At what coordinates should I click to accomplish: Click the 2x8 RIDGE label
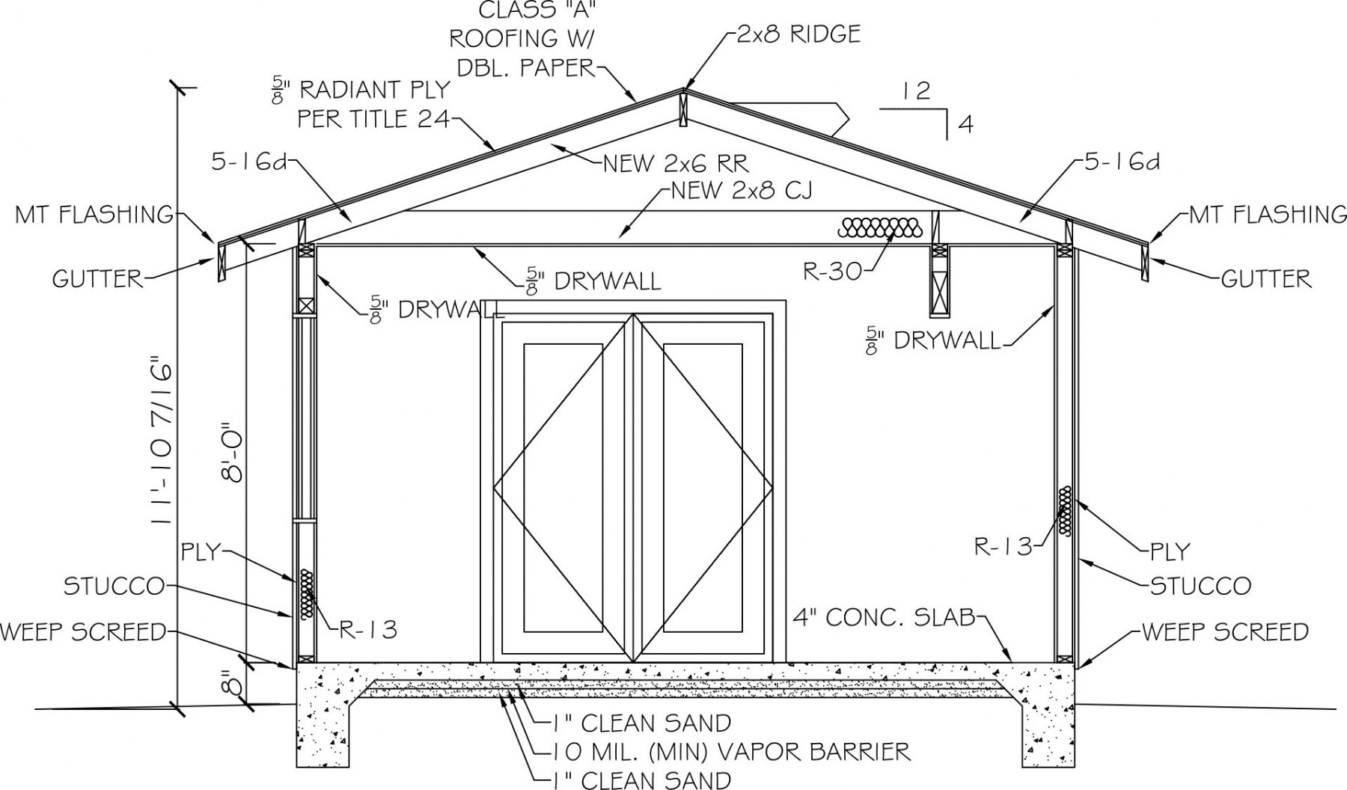tap(798, 34)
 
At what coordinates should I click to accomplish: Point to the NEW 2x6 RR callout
tap(675, 163)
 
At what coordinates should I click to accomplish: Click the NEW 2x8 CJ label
tap(742, 192)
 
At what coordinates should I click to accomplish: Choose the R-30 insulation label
tap(832, 271)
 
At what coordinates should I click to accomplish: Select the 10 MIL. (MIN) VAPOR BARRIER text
tap(732, 750)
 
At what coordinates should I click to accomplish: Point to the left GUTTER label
tap(97, 279)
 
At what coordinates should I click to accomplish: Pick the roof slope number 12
tap(916, 91)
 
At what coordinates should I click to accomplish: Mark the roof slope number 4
tap(966, 124)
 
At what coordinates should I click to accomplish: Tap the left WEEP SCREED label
tap(82, 632)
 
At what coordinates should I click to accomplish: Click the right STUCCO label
tap(1200, 585)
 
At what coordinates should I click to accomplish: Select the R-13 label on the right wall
tap(1002, 546)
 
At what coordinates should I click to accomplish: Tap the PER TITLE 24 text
tap(374, 118)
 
